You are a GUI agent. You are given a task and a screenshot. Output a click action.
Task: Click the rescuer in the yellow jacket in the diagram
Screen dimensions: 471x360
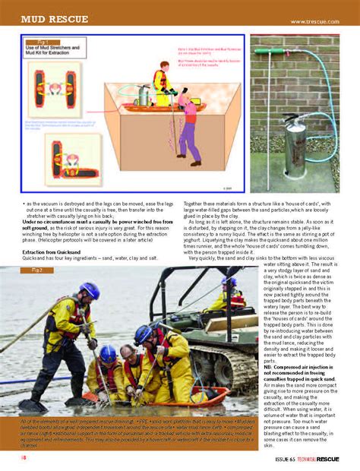[160, 83]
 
